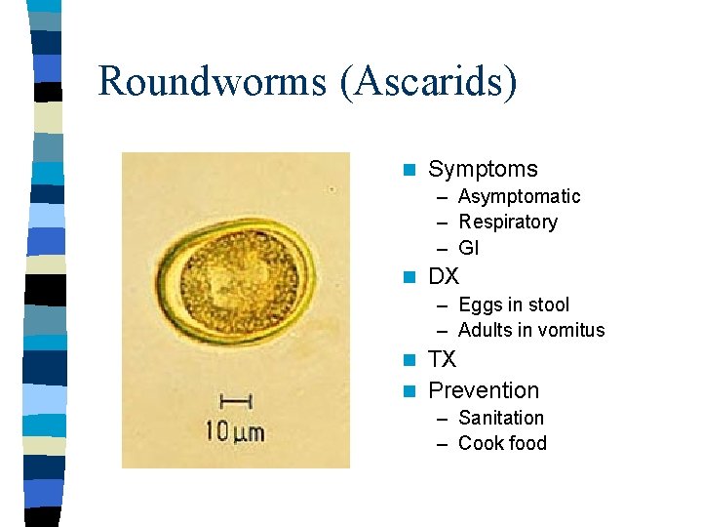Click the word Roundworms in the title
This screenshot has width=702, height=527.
click(x=212, y=81)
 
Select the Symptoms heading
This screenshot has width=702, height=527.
click(x=483, y=170)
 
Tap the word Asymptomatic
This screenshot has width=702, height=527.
click(x=519, y=197)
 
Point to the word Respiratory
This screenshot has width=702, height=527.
click(x=508, y=223)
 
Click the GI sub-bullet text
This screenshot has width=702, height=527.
click(x=468, y=248)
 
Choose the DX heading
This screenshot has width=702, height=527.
click(x=444, y=276)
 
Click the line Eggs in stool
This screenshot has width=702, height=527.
click(x=514, y=305)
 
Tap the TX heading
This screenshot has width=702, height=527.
click(x=442, y=359)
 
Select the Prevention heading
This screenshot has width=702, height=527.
click(x=484, y=390)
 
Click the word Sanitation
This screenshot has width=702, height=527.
click(x=501, y=418)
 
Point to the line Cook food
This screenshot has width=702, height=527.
click(x=502, y=443)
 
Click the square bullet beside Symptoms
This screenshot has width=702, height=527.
click(x=409, y=171)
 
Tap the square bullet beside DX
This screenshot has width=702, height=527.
click(x=409, y=277)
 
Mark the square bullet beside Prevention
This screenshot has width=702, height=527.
click(x=409, y=391)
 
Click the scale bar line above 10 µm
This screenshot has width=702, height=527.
click(x=237, y=400)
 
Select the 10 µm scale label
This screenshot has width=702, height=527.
click(x=233, y=429)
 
